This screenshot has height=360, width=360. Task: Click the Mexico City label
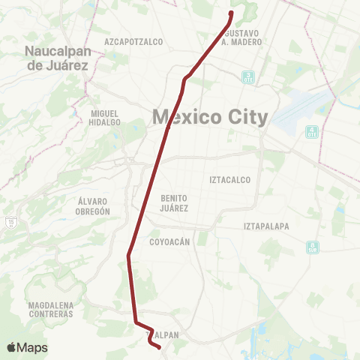click(x=209, y=117)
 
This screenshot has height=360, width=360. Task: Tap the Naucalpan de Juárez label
click(x=57, y=58)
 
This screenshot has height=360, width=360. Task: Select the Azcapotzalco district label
click(x=134, y=41)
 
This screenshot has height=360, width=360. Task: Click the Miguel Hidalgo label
click(x=105, y=118)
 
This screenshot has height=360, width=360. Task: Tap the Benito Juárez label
click(x=174, y=202)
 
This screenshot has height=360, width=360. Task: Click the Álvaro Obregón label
click(x=94, y=206)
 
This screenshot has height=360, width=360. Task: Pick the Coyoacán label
click(x=173, y=242)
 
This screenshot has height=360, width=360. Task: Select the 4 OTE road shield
click(x=311, y=132)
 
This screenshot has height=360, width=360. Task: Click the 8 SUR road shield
click(x=313, y=247)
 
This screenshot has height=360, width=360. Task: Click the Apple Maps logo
click(x=27, y=347)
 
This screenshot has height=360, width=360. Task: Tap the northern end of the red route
click(x=231, y=13)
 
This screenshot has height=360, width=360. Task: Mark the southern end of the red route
click(x=159, y=346)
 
